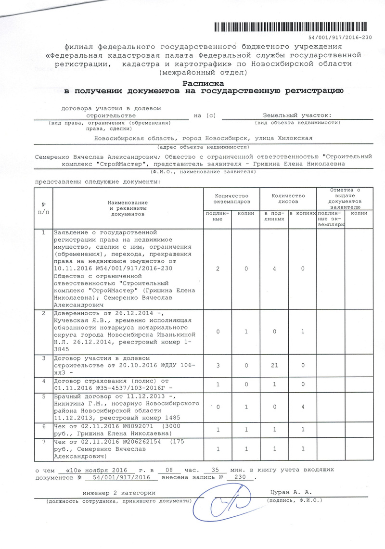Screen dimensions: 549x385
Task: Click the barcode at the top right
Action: [x=293, y=26]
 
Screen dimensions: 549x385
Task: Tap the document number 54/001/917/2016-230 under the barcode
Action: [x=340, y=38]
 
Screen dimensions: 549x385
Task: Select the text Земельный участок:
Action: [x=297, y=115]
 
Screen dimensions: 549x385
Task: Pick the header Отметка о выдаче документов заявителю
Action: [x=345, y=199]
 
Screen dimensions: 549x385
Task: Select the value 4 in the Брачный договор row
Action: [x=303, y=408]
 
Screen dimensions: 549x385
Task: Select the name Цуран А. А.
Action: [x=292, y=492]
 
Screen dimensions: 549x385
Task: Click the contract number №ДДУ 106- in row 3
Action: [x=174, y=365]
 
